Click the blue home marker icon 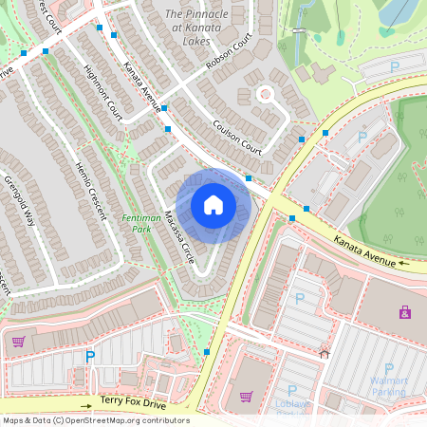pos(213,205)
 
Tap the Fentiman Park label pos(141,224)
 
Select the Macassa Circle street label pos(176,237)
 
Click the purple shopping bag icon pos(405,311)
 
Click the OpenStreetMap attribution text pos(96,420)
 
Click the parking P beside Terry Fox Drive pos(91,357)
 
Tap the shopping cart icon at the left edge pos(17,342)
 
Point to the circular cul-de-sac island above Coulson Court pos(265,93)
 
